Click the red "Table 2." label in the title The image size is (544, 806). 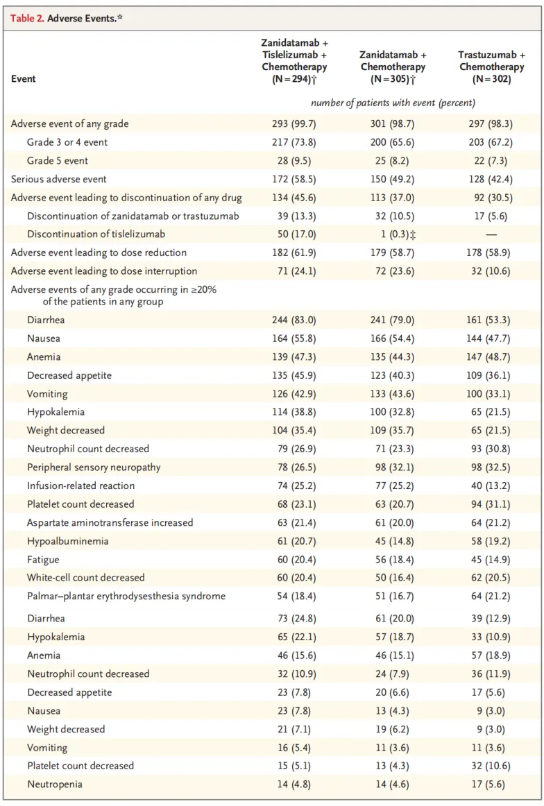(27, 19)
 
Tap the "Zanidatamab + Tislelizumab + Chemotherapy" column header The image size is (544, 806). (294, 60)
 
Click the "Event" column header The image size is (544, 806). (23, 78)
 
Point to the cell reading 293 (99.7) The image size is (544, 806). (294, 124)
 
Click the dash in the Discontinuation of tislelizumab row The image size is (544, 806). (491, 234)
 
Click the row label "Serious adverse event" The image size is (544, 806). (58, 180)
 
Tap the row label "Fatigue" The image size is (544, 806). (43, 560)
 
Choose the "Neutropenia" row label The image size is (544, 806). (55, 784)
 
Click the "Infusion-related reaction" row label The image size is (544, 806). (80, 486)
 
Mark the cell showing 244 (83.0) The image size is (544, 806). (294, 320)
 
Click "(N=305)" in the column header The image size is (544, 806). (393, 79)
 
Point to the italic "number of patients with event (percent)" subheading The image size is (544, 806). (393, 103)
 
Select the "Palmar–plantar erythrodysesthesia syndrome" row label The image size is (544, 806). (126, 597)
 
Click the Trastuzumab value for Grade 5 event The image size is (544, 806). (491, 161)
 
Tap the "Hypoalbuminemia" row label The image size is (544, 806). (68, 541)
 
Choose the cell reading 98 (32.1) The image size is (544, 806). (395, 468)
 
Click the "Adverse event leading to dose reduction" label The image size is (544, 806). (99, 253)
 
